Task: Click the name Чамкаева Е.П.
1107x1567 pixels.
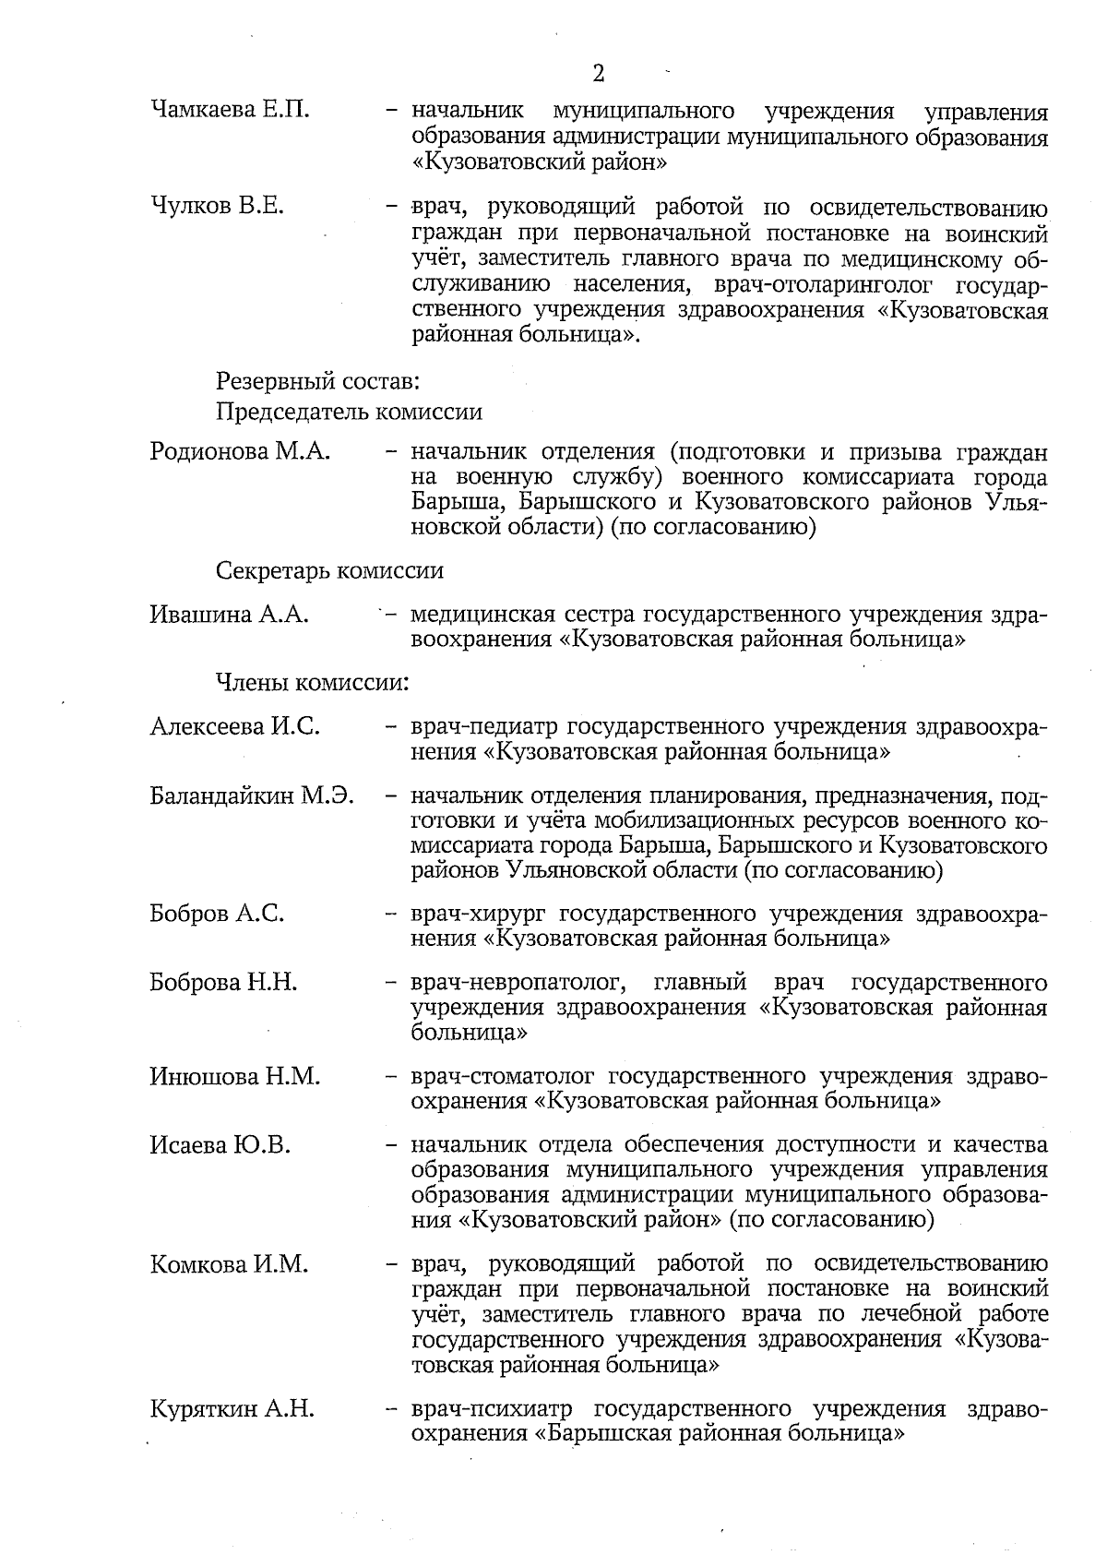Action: (x=230, y=112)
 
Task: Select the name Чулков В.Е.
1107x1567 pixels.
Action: (x=217, y=207)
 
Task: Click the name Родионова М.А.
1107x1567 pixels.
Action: (x=240, y=452)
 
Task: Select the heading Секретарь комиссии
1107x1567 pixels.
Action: (x=329, y=570)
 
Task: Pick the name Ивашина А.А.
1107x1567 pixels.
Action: (x=229, y=615)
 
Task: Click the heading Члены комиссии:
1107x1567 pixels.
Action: (x=312, y=683)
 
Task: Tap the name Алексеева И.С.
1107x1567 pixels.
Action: (x=235, y=727)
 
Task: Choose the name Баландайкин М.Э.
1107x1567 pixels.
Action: (x=252, y=795)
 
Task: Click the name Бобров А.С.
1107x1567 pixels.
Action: (x=217, y=914)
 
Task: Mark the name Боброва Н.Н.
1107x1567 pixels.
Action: (x=223, y=982)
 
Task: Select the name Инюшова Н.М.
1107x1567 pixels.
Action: (x=234, y=1076)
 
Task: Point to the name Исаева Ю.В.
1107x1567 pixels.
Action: (x=220, y=1145)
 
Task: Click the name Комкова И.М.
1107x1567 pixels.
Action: (x=229, y=1264)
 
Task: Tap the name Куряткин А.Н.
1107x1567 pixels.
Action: (x=232, y=1409)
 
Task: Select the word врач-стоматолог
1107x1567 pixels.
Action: (x=502, y=1076)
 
